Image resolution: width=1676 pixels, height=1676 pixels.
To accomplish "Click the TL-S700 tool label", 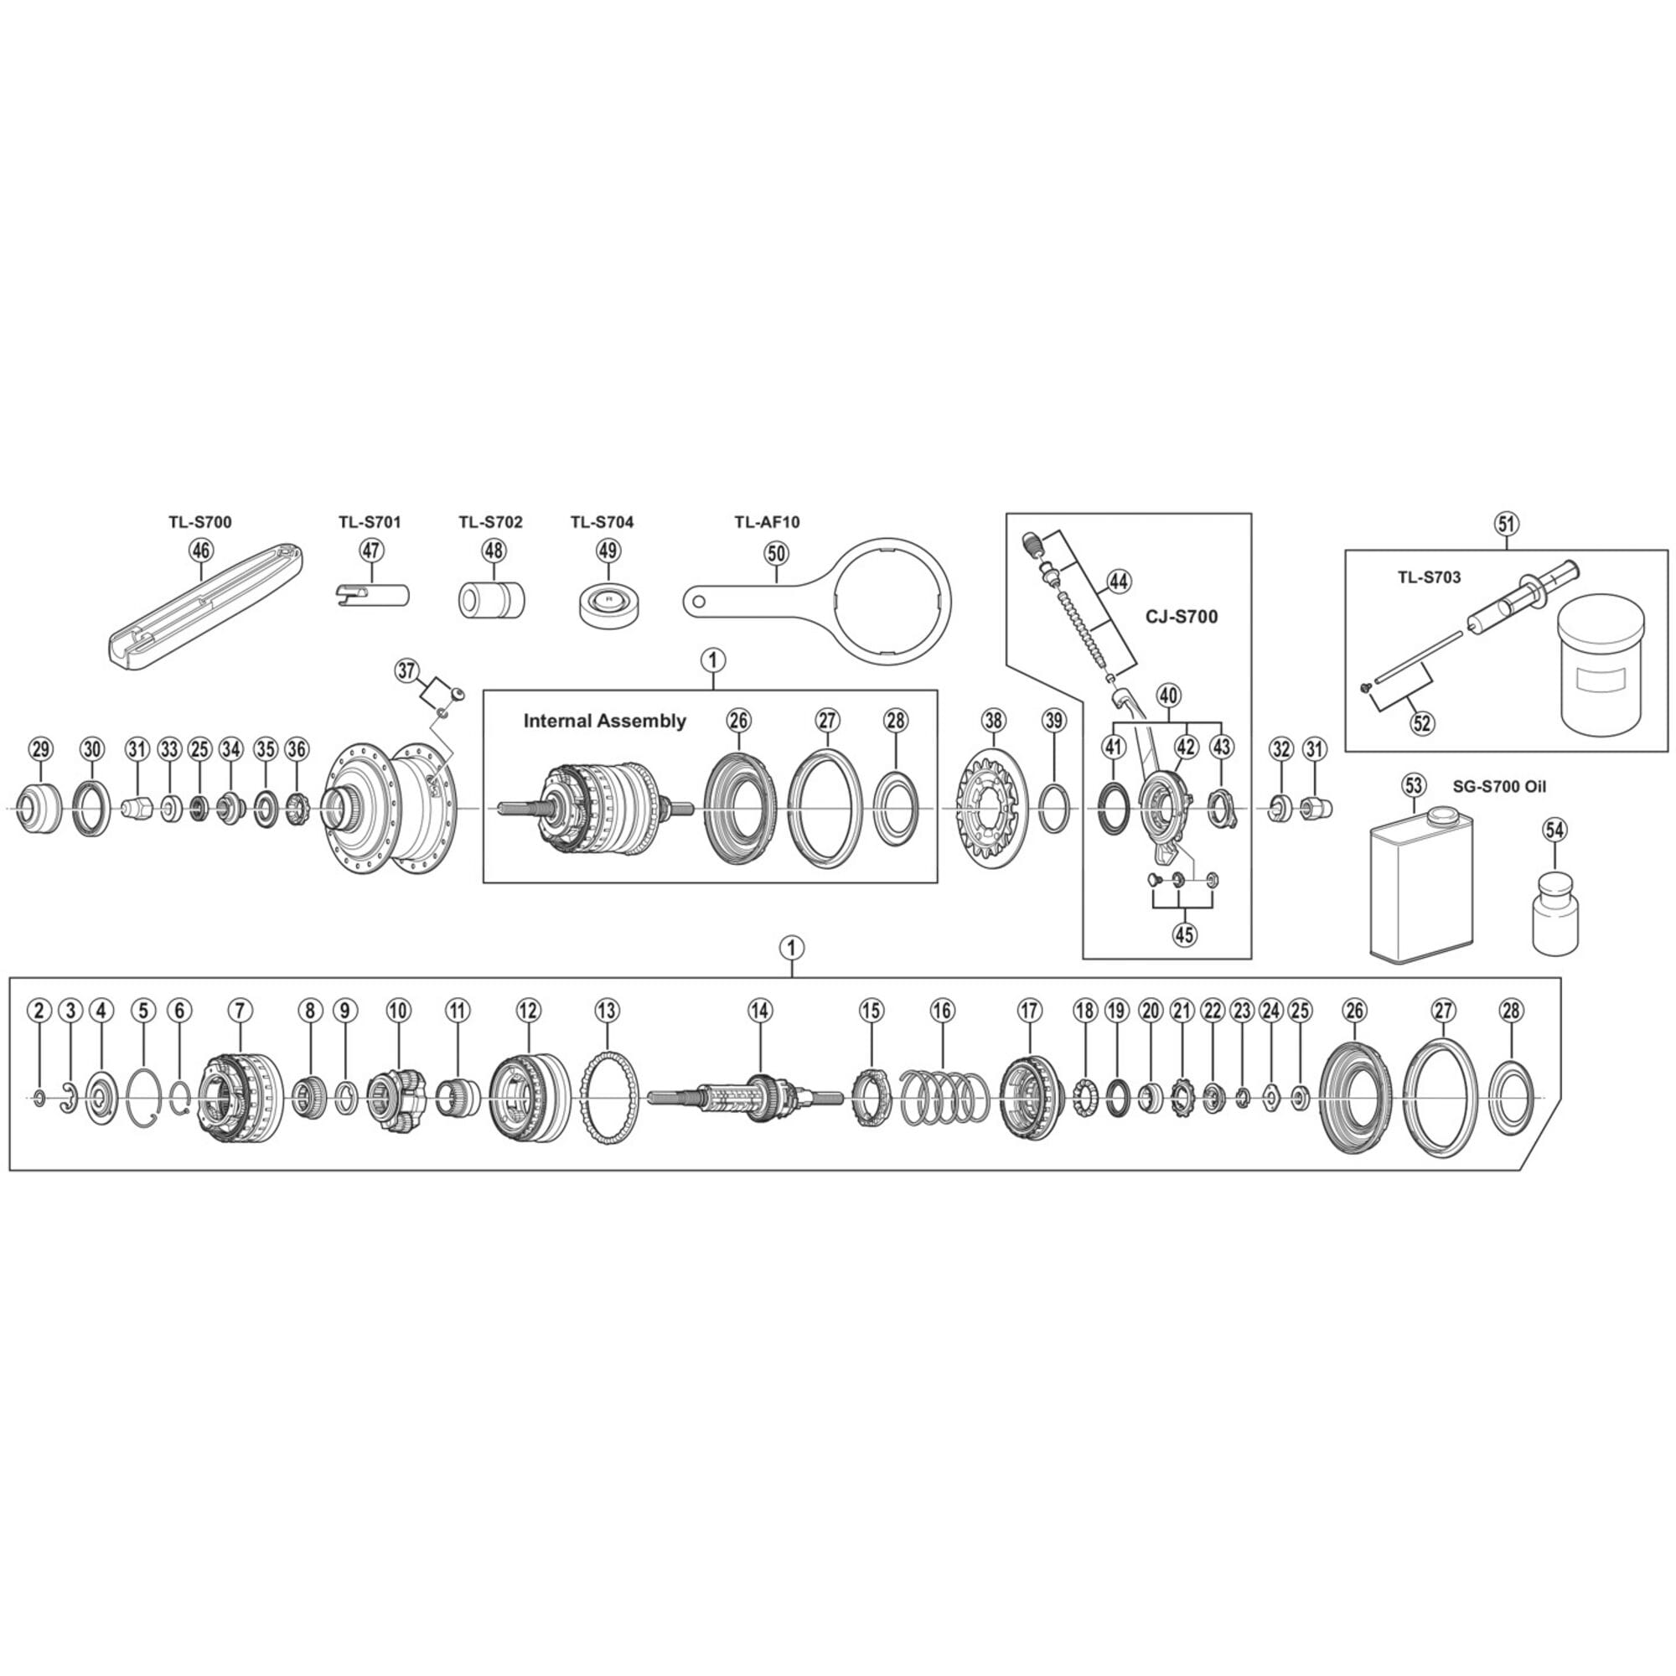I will point(199,522).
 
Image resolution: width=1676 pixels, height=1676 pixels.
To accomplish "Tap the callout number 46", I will point(200,550).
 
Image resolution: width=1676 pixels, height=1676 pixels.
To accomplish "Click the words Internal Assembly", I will point(605,721).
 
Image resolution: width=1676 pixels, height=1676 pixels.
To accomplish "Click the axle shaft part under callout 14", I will point(746,1096).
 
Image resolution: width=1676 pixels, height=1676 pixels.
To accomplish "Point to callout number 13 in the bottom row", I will point(608,1010).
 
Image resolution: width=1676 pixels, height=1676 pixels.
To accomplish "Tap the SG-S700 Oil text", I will point(1498,788).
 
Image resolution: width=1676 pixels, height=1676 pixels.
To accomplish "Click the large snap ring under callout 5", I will point(143,1099).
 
